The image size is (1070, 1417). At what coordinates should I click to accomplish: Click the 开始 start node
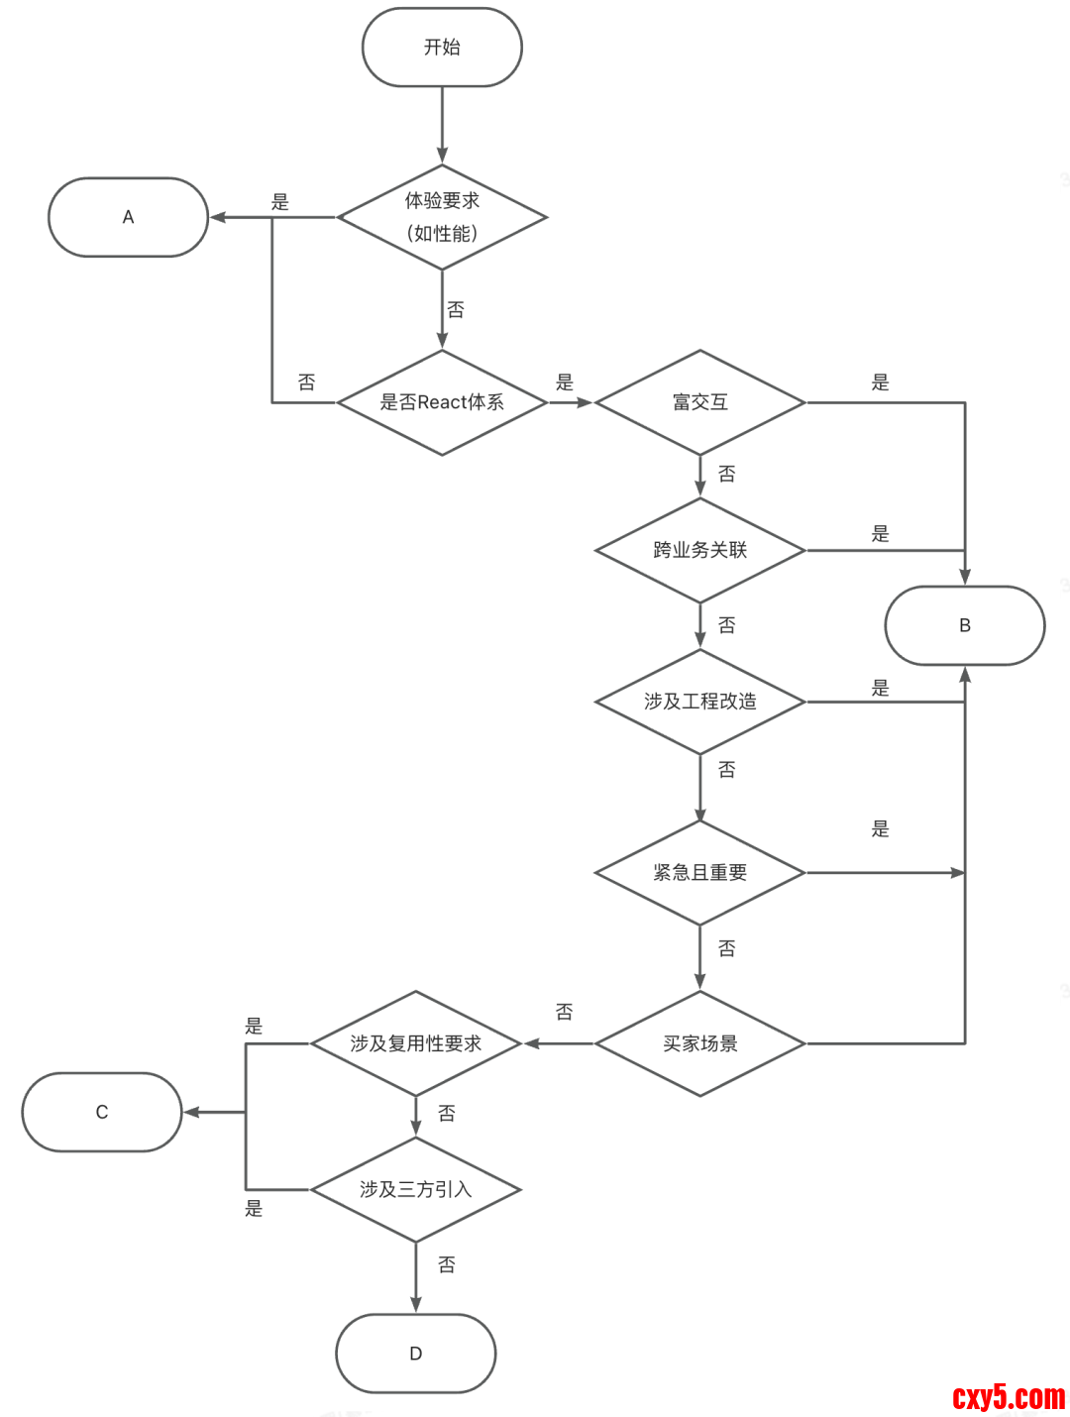(442, 48)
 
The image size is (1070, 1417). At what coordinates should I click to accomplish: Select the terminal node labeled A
(128, 217)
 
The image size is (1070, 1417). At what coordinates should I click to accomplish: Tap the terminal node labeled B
(964, 625)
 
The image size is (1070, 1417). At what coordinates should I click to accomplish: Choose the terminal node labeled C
(102, 1112)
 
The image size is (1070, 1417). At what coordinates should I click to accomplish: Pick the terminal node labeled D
(415, 1354)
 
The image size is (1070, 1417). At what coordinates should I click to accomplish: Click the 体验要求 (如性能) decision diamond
(442, 217)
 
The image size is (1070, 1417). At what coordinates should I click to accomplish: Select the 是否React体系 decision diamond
(442, 402)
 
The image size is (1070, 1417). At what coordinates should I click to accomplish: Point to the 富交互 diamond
(699, 402)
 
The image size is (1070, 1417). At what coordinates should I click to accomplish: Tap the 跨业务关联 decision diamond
(699, 550)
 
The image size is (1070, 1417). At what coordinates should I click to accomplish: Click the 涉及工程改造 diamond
(699, 702)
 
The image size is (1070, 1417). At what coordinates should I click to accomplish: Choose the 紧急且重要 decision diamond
(699, 873)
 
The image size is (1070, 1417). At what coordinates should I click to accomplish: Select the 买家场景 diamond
(699, 1043)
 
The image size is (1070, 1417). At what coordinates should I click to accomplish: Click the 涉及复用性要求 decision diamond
(415, 1043)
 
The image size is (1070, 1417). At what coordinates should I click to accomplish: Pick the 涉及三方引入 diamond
(415, 1189)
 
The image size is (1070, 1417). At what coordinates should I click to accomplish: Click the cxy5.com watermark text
(1008, 1397)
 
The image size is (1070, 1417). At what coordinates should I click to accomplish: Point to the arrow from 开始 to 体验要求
(442, 125)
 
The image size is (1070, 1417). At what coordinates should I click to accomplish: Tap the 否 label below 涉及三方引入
(447, 1265)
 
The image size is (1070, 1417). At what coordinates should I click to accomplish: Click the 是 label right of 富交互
(880, 382)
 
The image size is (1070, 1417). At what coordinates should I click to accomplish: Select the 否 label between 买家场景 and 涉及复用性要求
(564, 1012)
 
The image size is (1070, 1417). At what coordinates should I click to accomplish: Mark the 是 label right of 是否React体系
(565, 382)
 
